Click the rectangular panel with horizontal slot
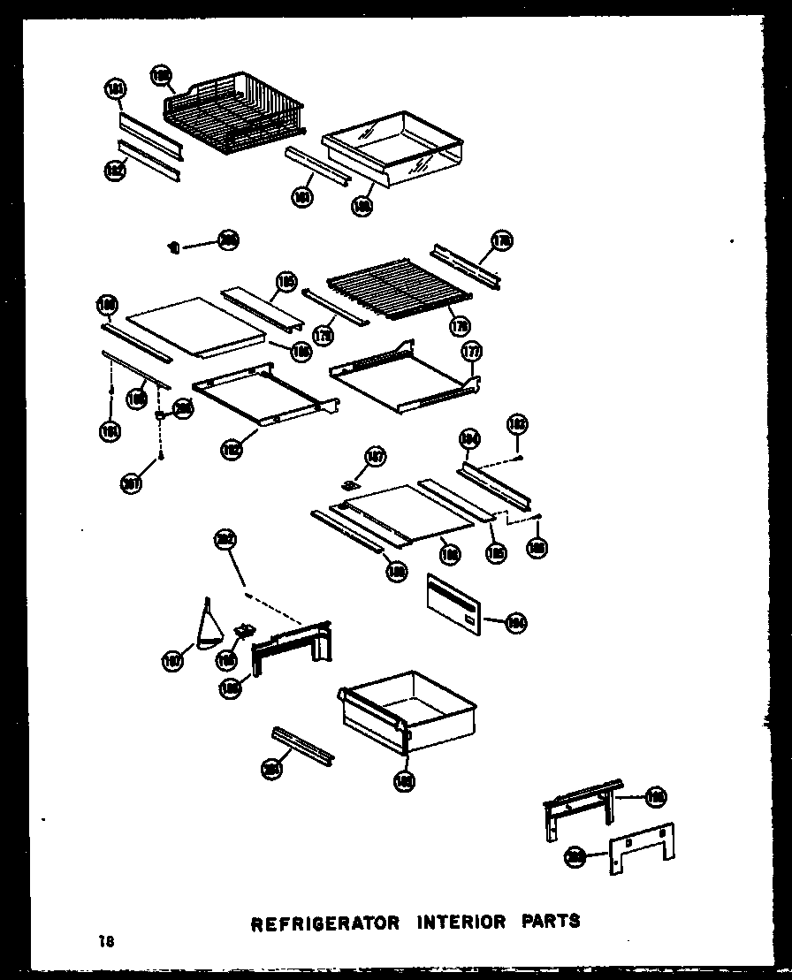(454, 604)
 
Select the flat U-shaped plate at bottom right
(640, 849)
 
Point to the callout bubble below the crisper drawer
(405, 780)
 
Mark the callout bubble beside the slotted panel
(515, 623)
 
